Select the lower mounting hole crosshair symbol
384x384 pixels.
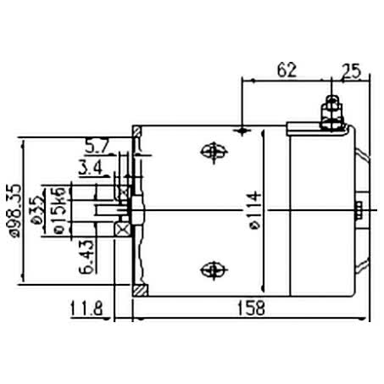pos(210,270)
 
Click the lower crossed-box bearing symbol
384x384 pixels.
pos(123,229)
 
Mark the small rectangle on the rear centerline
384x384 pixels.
pos(360,210)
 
